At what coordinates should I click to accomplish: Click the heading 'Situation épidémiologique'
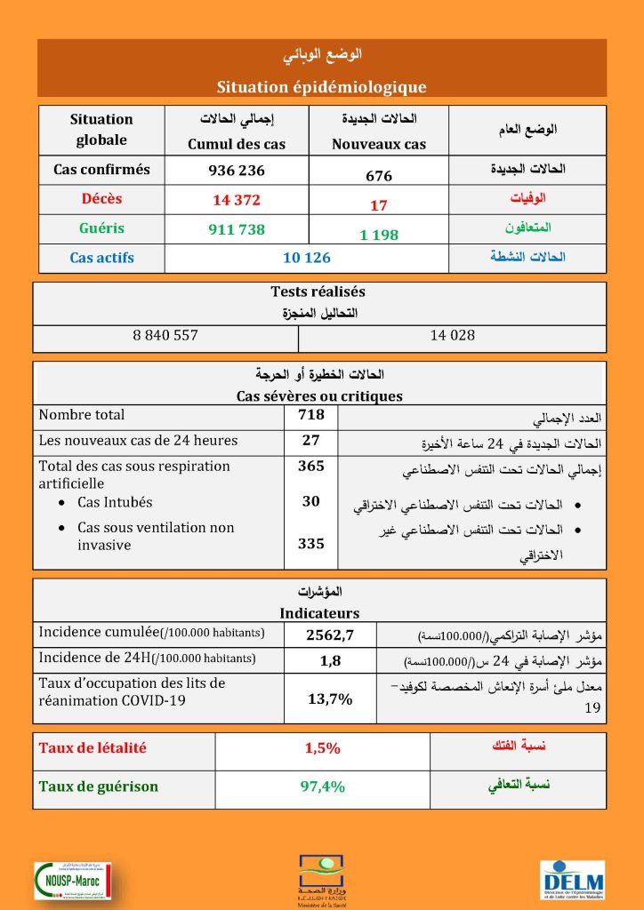click(x=321, y=87)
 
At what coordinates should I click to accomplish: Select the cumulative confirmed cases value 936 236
click(x=236, y=170)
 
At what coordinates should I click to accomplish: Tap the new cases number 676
click(x=379, y=176)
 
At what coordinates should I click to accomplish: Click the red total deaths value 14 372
click(x=236, y=200)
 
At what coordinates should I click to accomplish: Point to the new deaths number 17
click(x=379, y=205)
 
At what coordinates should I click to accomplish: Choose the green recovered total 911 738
click(x=236, y=229)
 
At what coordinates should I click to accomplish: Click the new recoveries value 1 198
click(x=379, y=235)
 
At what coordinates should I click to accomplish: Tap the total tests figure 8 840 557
click(x=165, y=335)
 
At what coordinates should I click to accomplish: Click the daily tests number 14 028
click(x=452, y=335)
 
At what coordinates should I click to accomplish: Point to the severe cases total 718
click(x=311, y=414)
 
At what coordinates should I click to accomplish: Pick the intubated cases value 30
click(x=311, y=501)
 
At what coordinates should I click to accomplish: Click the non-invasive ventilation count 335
click(x=311, y=544)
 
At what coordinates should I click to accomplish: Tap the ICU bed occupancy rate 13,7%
click(x=329, y=698)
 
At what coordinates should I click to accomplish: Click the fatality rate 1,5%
click(x=322, y=748)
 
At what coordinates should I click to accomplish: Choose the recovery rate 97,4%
click(x=322, y=786)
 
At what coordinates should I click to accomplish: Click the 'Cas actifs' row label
click(x=101, y=258)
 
